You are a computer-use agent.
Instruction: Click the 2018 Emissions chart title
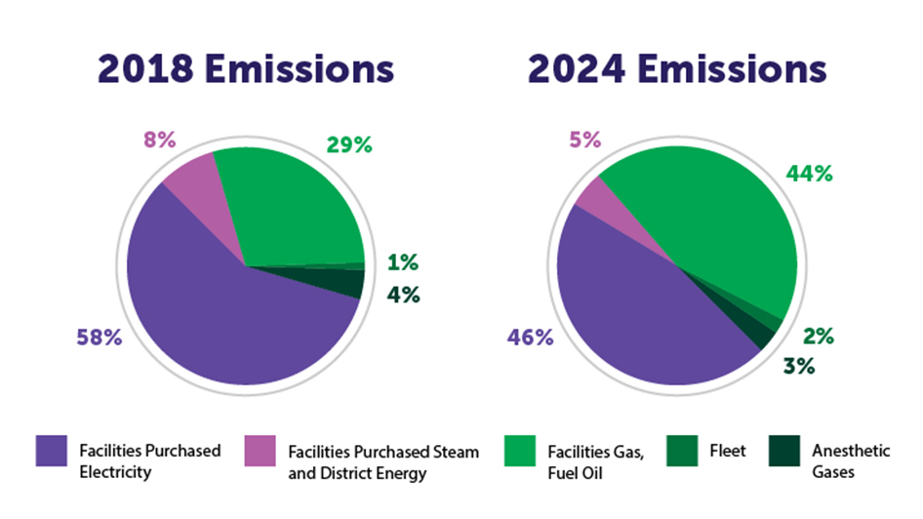click(x=245, y=69)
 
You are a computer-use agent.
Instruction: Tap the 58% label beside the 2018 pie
click(x=99, y=339)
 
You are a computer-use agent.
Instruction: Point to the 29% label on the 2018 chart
click(x=348, y=145)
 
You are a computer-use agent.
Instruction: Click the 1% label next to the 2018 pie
click(x=402, y=262)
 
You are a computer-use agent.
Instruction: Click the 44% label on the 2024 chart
click(x=809, y=174)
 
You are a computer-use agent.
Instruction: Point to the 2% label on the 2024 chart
click(x=818, y=337)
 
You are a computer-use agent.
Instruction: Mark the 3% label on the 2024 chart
click(x=798, y=367)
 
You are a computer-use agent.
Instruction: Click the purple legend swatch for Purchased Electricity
click(x=52, y=452)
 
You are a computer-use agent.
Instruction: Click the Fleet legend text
click(x=728, y=451)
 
